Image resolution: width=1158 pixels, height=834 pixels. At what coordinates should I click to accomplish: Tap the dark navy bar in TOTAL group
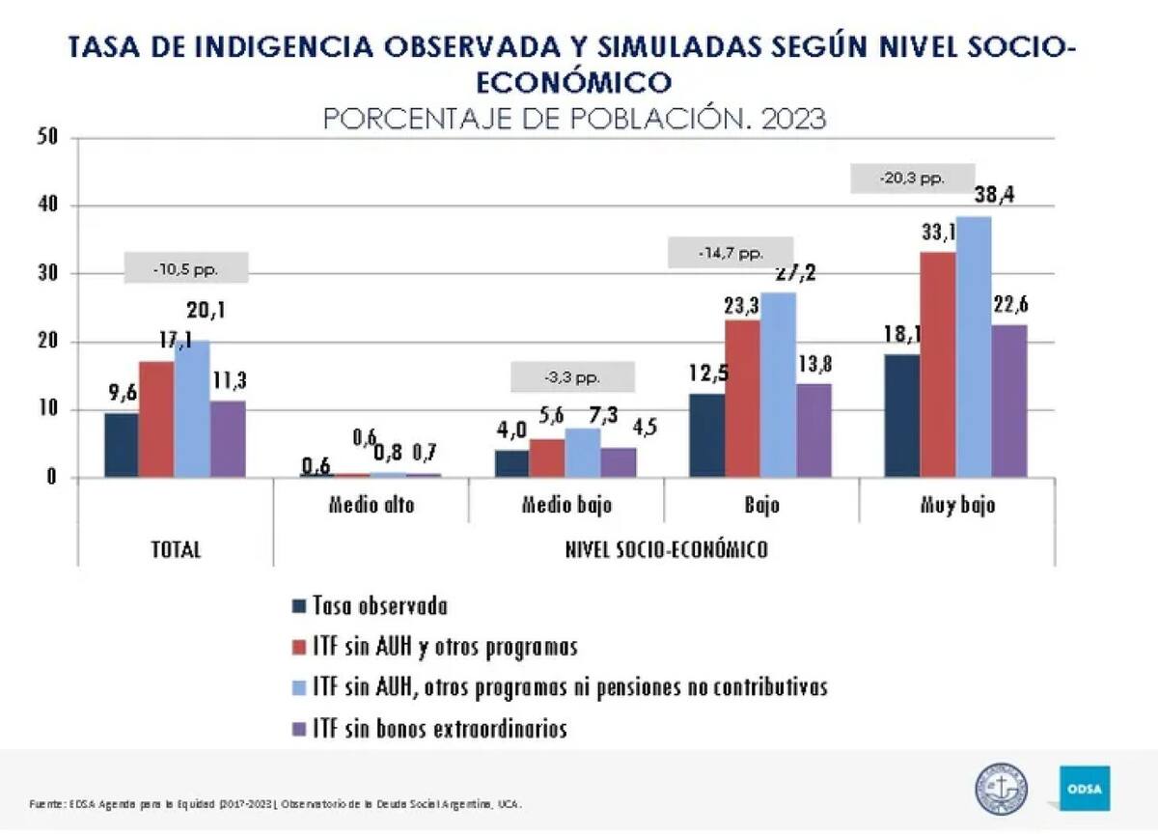[x=121, y=444]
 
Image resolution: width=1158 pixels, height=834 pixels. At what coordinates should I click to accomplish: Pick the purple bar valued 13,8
[x=813, y=430]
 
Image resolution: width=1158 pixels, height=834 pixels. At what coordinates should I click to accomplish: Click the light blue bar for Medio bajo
[x=582, y=452]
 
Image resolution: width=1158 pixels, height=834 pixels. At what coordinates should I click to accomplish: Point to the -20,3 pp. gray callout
[x=912, y=179]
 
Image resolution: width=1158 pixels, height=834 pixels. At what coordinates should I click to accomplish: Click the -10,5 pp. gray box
[x=186, y=268]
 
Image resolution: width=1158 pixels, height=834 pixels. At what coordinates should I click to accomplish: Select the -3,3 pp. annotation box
[x=572, y=376]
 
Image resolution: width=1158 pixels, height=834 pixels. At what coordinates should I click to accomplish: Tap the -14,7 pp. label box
[x=731, y=253]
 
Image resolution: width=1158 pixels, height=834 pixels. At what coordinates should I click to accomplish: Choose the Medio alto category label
[x=372, y=505]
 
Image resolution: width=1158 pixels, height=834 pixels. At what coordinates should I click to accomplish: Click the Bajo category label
[x=761, y=505]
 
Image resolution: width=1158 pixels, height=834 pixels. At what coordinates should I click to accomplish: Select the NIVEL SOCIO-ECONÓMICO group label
[x=666, y=549]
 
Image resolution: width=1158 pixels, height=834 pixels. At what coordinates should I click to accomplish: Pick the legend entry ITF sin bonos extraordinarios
[x=440, y=729]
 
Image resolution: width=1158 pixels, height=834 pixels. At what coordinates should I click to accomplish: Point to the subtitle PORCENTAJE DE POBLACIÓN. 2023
[x=574, y=119]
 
